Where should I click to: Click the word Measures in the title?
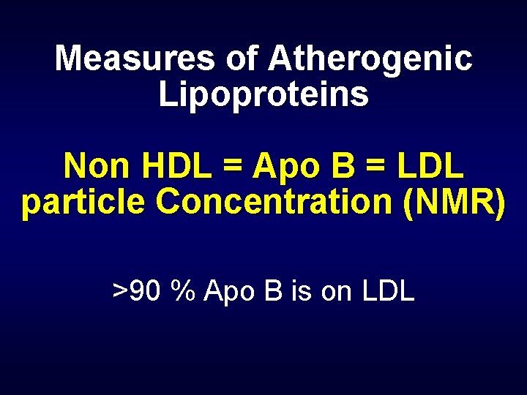pyautogui.click(x=135, y=59)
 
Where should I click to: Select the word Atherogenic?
pyautogui.click(x=370, y=59)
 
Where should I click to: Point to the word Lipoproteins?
pyautogui.click(x=263, y=95)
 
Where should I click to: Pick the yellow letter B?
pyautogui.click(x=340, y=167)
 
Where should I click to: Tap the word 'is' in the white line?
pyautogui.click(x=301, y=291)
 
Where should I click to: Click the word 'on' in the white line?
pyautogui.click(x=337, y=291)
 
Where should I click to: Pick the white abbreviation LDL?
pyautogui.click(x=388, y=291)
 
